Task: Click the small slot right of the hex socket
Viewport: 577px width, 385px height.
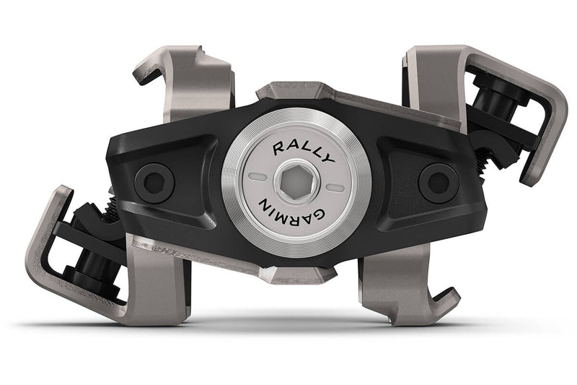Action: (334, 186)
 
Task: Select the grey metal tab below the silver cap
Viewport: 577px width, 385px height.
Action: (296, 274)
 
